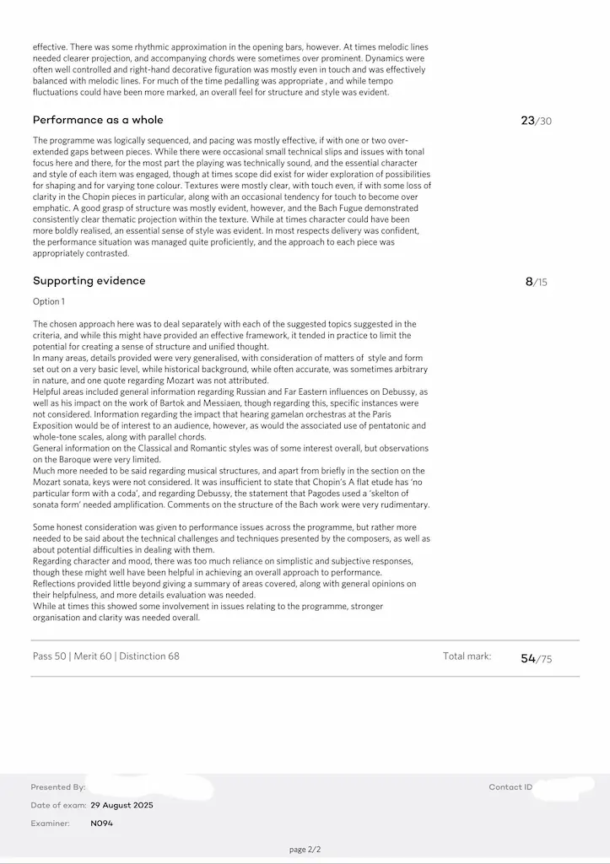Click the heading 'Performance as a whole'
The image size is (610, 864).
98,120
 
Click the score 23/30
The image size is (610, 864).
536,121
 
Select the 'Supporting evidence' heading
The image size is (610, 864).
89,280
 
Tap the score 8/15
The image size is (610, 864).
536,282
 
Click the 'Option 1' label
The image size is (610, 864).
49,301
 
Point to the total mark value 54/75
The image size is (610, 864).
536,658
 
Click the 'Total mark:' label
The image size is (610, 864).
467,656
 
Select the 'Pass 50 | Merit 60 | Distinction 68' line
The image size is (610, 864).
105,656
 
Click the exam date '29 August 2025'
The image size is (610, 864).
121,805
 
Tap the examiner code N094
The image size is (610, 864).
101,823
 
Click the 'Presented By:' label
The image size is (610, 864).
57,787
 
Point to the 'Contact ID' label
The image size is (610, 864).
510,787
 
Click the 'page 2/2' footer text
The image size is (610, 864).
305,850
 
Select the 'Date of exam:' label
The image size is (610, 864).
57,805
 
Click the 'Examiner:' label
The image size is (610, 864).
51,823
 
